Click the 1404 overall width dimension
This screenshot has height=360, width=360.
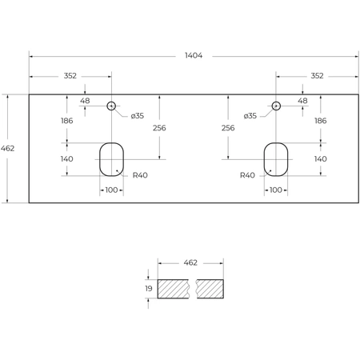click(x=193, y=56)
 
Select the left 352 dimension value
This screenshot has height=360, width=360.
click(x=70, y=76)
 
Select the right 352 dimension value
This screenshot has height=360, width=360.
click(x=316, y=76)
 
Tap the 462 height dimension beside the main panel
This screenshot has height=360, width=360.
click(x=8, y=148)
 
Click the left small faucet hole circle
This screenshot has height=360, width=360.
click(x=111, y=106)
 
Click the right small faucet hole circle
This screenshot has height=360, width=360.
click(x=276, y=106)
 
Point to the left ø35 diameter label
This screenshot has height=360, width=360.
click(x=138, y=116)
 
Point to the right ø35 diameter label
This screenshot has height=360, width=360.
click(x=250, y=116)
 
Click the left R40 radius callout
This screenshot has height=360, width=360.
click(x=141, y=175)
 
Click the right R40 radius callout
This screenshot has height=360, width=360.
click(x=247, y=175)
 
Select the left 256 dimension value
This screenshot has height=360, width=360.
click(x=160, y=128)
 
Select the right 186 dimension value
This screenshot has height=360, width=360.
click(x=320, y=121)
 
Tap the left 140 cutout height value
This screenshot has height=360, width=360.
click(x=66, y=159)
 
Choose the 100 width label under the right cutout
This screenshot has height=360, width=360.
click(x=276, y=190)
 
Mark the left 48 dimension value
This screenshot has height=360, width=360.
click(x=85, y=102)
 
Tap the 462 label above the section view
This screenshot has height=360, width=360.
click(x=191, y=262)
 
